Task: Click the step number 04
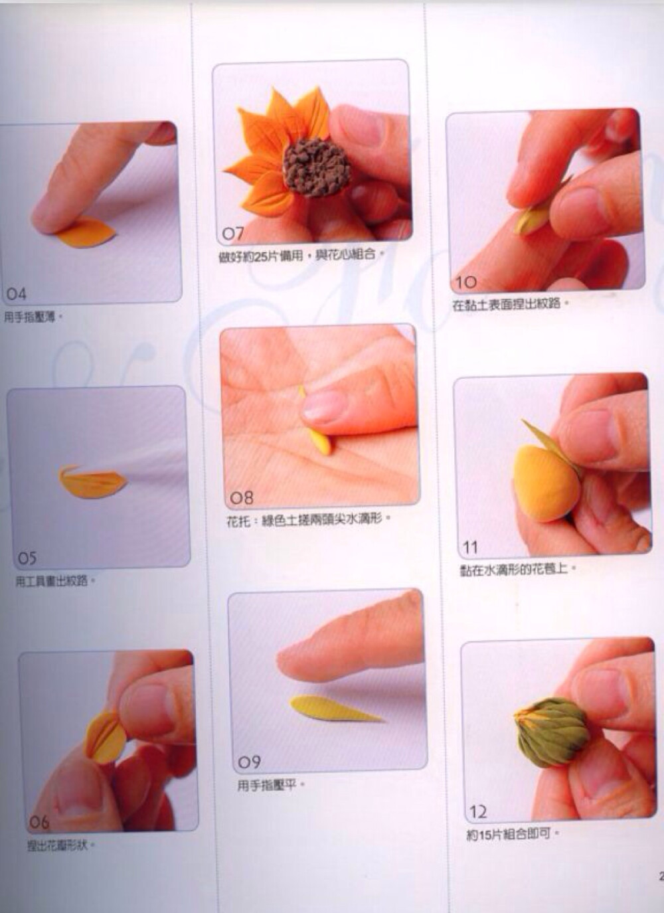(x=17, y=293)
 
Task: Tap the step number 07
(x=233, y=233)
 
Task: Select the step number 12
(x=478, y=811)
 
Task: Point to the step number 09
(x=249, y=762)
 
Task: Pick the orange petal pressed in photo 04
(x=85, y=234)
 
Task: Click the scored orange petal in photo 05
(x=92, y=482)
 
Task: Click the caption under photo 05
(x=56, y=581)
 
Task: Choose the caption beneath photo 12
(x=513, y=834)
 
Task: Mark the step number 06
(x=39, y=822)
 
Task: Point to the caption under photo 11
(x=519, y=569)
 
